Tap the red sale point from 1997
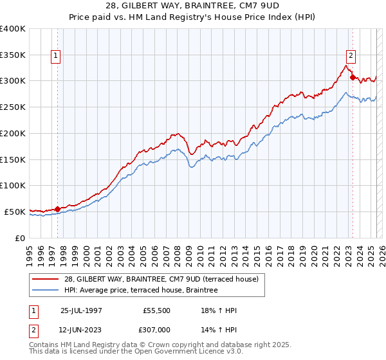tap(58, 208)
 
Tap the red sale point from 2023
tap(353, 77)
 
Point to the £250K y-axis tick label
tap(13, 107)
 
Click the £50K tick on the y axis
tap(15, 212)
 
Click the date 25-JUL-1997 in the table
tap(81, 310)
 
